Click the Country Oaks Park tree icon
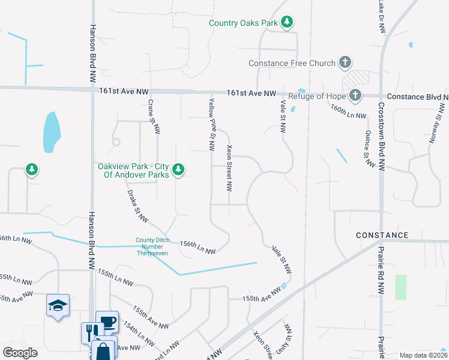[x=288, y=23]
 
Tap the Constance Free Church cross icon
[x=345, y=62]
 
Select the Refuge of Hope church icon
[x=355, y=95]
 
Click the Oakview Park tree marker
[x=178, y=170]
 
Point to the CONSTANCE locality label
[x=382, y=235]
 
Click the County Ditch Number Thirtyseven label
[x=151, y=247]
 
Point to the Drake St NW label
[x=137, y=207]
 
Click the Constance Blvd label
[x=417, y=96]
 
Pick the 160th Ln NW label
[x=348, y=111]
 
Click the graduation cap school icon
[x=58, y=305]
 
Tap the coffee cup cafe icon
[x=108, y=322]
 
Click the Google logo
[x=19, y=352]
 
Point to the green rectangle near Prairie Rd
[x=401, y=287]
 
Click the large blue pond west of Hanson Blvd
[x=52, y=131]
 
